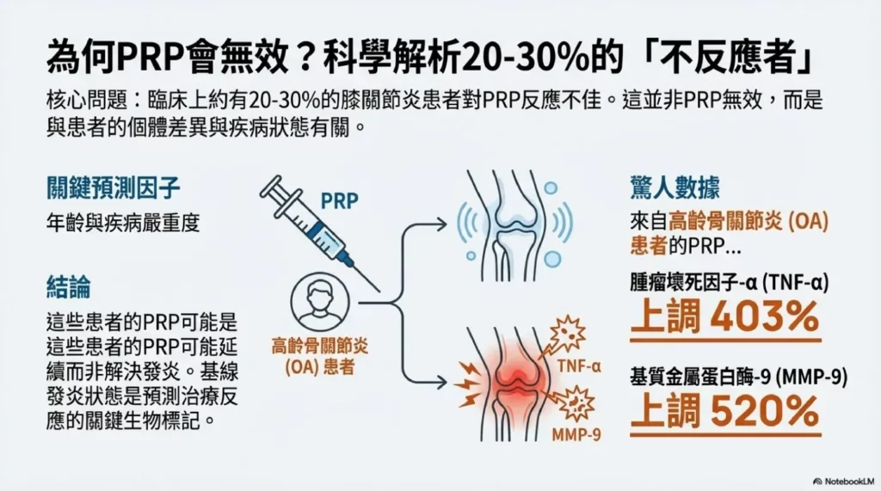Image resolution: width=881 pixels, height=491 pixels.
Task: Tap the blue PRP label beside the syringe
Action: (x=339, y=201)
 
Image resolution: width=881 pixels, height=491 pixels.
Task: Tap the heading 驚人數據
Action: (x=675, y=187)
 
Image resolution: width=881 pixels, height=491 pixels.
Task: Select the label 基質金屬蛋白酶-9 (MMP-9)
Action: (x=724, y=374)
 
